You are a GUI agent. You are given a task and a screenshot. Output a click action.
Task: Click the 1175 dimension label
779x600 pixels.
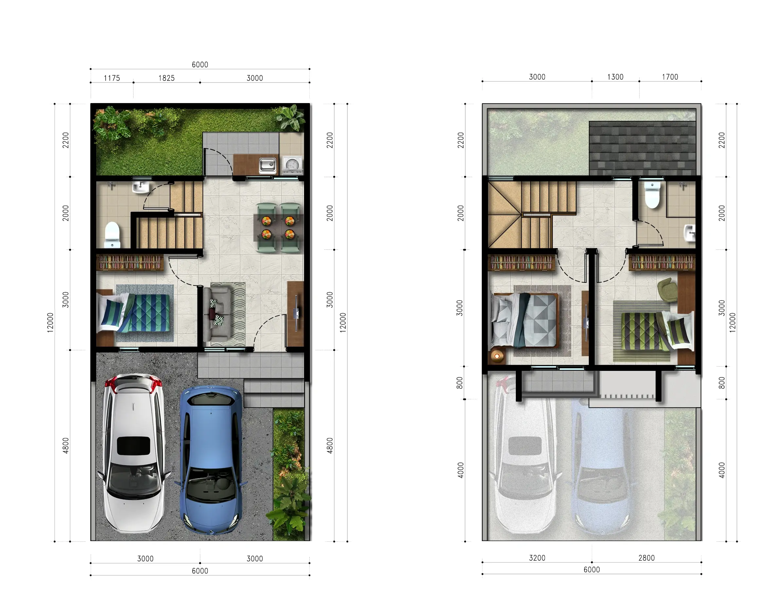(x=112, y=78)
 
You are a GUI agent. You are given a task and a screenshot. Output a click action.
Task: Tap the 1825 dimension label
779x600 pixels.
(x=167, y=78)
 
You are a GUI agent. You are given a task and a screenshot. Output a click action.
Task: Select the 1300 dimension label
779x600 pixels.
(x=615, y=77)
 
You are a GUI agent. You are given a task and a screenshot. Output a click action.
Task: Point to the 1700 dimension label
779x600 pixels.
(x=670, y=77)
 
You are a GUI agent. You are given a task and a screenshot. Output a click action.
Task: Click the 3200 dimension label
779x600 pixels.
(x=537, y=558)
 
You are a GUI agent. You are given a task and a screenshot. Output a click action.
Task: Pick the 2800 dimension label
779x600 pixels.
(x=646, y=558)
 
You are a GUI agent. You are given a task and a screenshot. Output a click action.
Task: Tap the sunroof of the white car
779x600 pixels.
(x=134, y=445)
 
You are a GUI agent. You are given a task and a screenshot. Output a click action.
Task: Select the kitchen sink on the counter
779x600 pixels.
(x=267, y=165)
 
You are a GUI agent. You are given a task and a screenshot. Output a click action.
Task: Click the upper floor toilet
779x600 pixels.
(x=652, y=195)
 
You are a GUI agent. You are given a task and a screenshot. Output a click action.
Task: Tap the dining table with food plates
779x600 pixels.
(x=278, y=228)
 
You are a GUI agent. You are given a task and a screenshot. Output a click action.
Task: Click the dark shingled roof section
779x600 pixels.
(x=643, y=148)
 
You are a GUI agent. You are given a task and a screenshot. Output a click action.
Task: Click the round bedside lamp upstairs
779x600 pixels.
(x=497, y=356)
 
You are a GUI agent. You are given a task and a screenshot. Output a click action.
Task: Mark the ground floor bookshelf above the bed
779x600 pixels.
(x=130, y=263)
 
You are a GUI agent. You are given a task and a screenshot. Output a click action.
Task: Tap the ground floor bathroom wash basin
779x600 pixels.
(x=141, y=187)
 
